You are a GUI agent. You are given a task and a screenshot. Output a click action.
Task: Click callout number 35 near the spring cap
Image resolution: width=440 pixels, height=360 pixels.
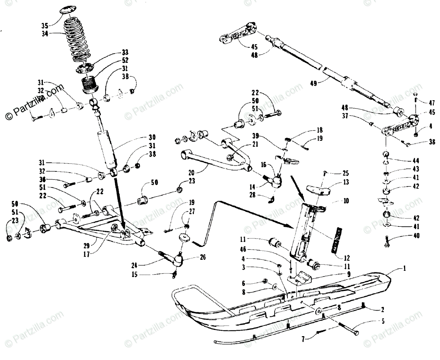[x=45, y=26]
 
